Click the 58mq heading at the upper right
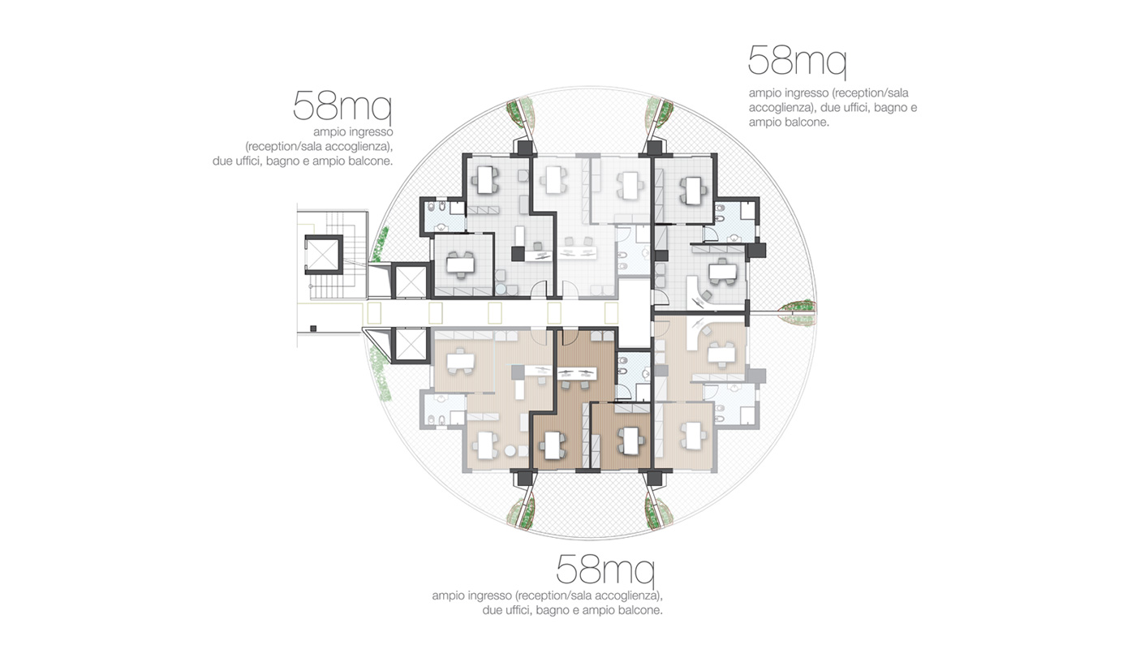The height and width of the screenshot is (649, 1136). click(x=797, y=62)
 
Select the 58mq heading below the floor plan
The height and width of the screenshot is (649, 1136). click(x=605, y=569)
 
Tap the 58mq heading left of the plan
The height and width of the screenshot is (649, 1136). click(x=342, y=106)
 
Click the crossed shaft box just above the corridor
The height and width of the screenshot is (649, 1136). click(x=411, y=281)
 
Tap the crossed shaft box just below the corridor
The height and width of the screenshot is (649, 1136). click(x=411, y=345)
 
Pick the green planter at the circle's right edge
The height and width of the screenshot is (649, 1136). click(x=798, y=313)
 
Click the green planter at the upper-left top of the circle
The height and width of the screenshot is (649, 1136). click(x=521, y=114)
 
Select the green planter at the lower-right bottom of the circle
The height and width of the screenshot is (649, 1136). click(x=659, y=513)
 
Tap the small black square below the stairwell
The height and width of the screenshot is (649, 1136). click(x=313, y=329)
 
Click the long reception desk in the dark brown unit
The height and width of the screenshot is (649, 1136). click(x=577, y=374)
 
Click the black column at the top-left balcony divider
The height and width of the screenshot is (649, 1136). click(x=524, y=148)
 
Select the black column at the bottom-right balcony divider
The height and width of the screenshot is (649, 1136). click(x=655, y=478)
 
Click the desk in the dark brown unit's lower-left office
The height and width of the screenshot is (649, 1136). click(x=553, y=446)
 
